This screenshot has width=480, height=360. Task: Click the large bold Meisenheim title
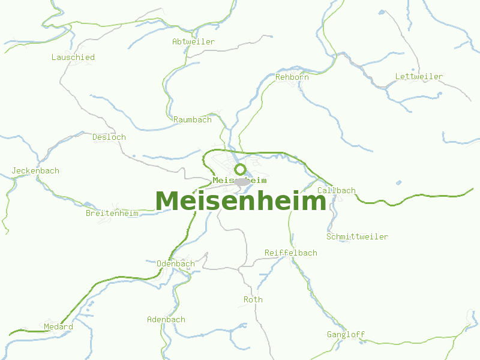coord(240,202)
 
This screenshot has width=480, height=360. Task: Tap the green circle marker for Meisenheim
coord(240,169)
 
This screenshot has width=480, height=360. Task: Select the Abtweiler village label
coord(193,41)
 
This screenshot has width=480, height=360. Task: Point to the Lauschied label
coord(73,57)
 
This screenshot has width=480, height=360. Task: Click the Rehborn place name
coord(292,77)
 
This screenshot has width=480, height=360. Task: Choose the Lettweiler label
coord(419,76)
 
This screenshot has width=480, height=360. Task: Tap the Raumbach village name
coord(193,119)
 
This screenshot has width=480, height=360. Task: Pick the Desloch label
coord(109,137)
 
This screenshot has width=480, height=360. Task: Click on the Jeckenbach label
coord(35,170)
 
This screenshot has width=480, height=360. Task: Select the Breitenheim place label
coord(112,213)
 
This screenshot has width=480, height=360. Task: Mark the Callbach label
coord(336,190)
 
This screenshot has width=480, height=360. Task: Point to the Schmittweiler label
coord(357,236)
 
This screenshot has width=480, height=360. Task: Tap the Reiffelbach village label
coord(291,253)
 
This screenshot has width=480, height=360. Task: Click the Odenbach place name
coord(175,263)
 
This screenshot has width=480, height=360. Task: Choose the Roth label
coord(253,299)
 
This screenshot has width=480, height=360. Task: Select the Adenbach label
coord(166,319)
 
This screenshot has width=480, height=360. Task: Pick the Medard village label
coord(58,327)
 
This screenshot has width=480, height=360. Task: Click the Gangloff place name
coord(346,334)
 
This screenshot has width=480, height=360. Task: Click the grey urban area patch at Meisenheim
coord(242,181)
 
